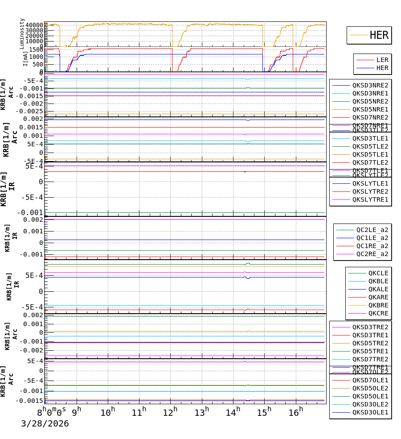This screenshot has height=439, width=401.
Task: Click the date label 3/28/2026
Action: click(45, 423)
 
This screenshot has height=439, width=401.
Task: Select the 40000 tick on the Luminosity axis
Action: click(34, 25)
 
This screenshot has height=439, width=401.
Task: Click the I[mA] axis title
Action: click(26, 58)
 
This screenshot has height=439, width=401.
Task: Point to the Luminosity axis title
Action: click(22, 33)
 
